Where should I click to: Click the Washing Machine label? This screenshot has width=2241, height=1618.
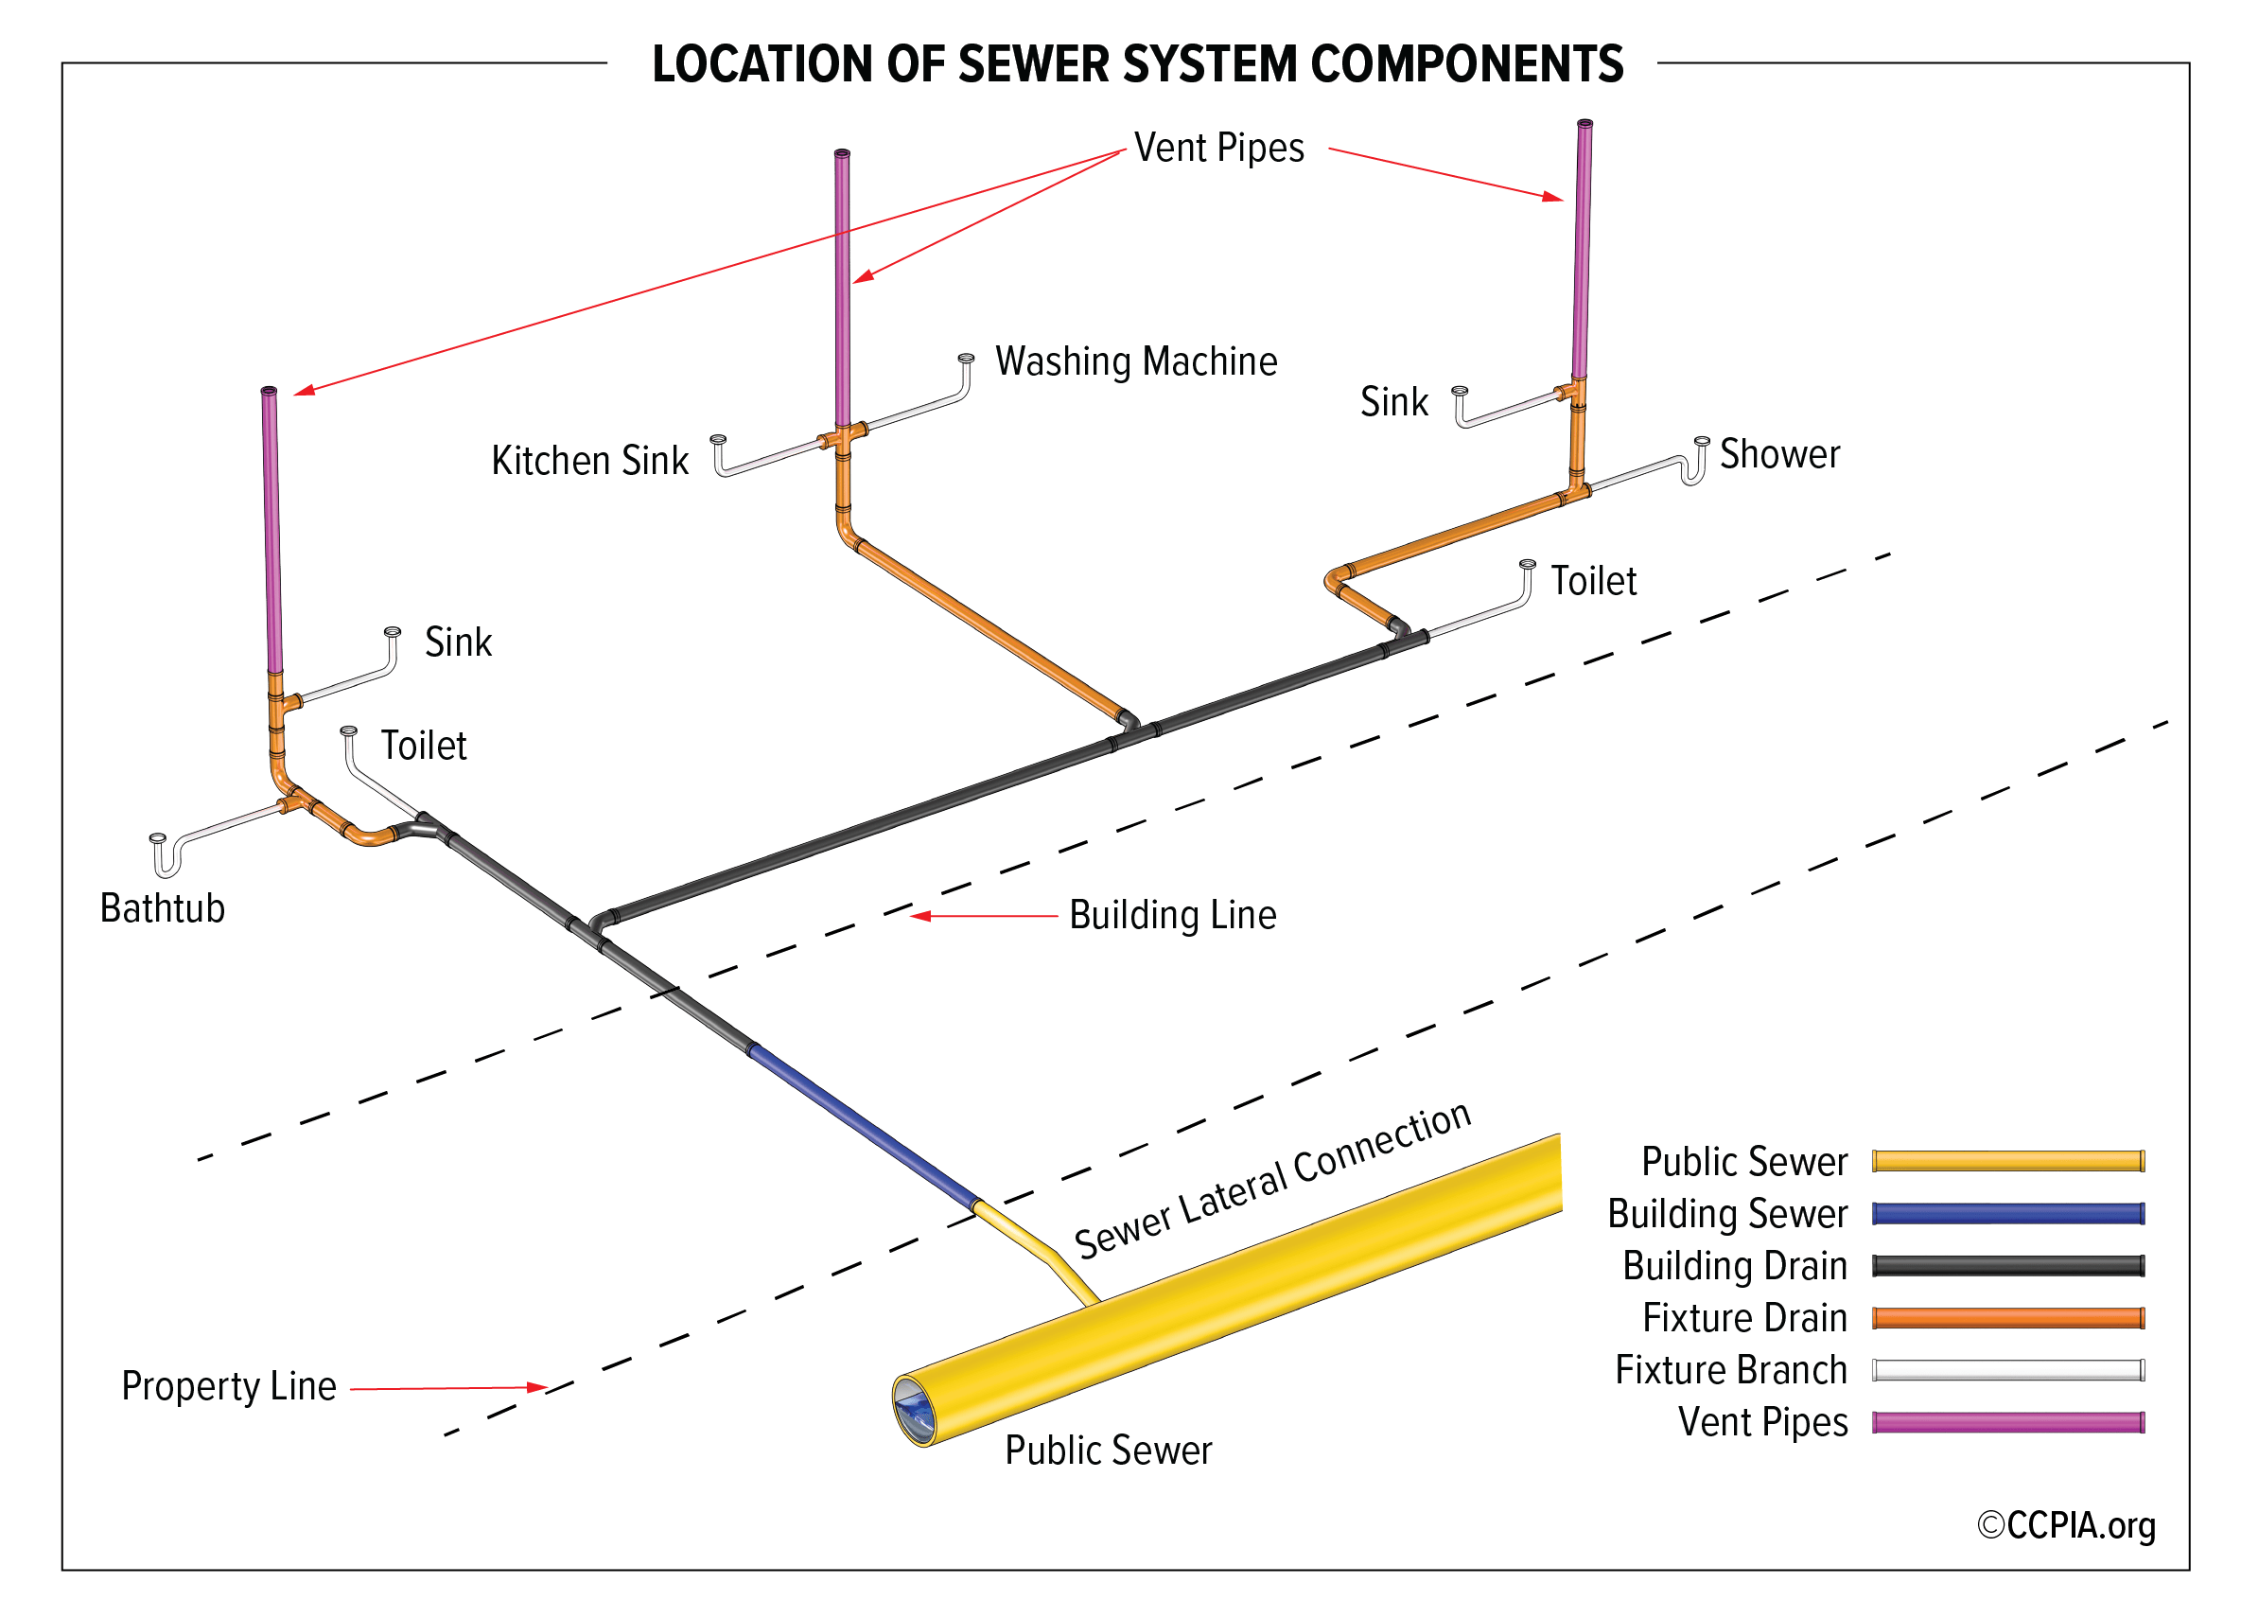click(x=1135, y=361)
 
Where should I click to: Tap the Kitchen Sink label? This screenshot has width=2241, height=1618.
click(x=590, y=461)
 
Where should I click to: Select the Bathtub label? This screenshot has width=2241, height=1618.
click(x=162, y=908)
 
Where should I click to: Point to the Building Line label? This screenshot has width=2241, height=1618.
click(x=1172, y=915)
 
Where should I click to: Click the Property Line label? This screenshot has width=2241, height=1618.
click(x=228, y=1386)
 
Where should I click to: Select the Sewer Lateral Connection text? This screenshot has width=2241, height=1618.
click(x=1271, y=1180)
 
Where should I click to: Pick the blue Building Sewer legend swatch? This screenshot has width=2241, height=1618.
click(x=2006, y=1214)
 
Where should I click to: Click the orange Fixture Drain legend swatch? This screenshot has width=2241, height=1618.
click(x=2006, y=1317)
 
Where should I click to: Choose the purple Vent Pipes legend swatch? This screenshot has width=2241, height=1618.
click(x=2006, y=1422)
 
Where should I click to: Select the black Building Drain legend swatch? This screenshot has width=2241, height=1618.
click(x=2006, y=1266)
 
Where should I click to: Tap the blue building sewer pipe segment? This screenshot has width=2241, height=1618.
click(x=863, y=1126)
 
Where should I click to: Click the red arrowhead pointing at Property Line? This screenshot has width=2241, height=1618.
click(x=536, y=1388)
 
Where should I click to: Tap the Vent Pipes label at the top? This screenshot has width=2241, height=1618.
click(x=1218, y=149)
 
